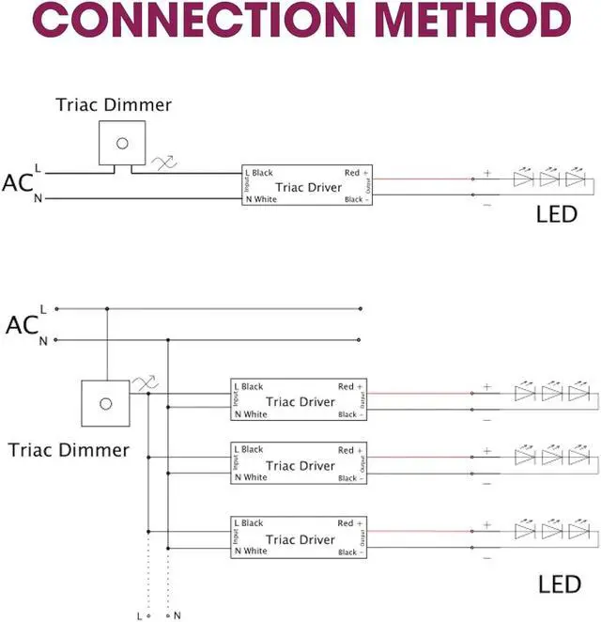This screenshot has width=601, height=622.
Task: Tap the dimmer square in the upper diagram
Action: (120, 143)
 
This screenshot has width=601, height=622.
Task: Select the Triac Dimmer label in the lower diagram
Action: (69, 450)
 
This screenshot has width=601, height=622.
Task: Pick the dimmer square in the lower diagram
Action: (105, 402)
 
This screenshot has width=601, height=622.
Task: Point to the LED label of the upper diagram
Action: (556, 214)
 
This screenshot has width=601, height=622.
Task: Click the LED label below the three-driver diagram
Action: (560, 584)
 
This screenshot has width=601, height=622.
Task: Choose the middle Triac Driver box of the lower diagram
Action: (299, 464)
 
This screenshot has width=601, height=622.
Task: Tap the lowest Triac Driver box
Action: (299, 538)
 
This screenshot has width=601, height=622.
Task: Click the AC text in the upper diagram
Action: (18, 183)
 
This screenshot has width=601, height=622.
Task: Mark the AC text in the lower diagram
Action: (22, 325)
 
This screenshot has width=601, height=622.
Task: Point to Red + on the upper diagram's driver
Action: (356, 173)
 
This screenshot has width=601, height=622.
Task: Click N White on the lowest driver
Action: (251, 552)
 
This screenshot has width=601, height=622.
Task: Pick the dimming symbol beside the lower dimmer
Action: (146, 382)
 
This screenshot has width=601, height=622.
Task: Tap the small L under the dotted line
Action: (139, 615)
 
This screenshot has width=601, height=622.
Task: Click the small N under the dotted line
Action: (176, 615)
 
